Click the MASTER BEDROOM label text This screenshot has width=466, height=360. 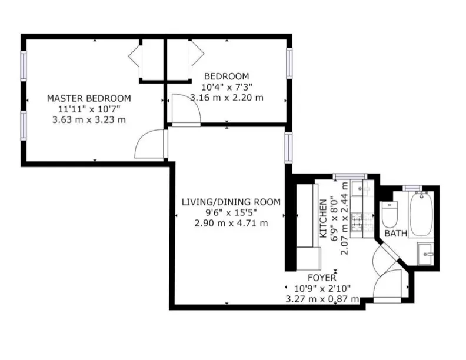click(89, 98)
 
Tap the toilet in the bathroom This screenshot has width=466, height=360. click(390, 215)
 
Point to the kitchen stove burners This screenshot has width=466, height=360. click(358, 221)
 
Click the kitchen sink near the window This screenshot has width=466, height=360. click(359, 189)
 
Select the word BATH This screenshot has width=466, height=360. click(396, 234)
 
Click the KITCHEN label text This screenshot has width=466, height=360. click(323, 217)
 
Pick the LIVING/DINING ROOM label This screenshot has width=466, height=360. click(230, 202)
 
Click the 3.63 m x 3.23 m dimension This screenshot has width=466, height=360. click(89, 119)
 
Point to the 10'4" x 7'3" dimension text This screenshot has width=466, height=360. click(227, 87)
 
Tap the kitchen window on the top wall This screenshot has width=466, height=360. click(349, 176)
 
